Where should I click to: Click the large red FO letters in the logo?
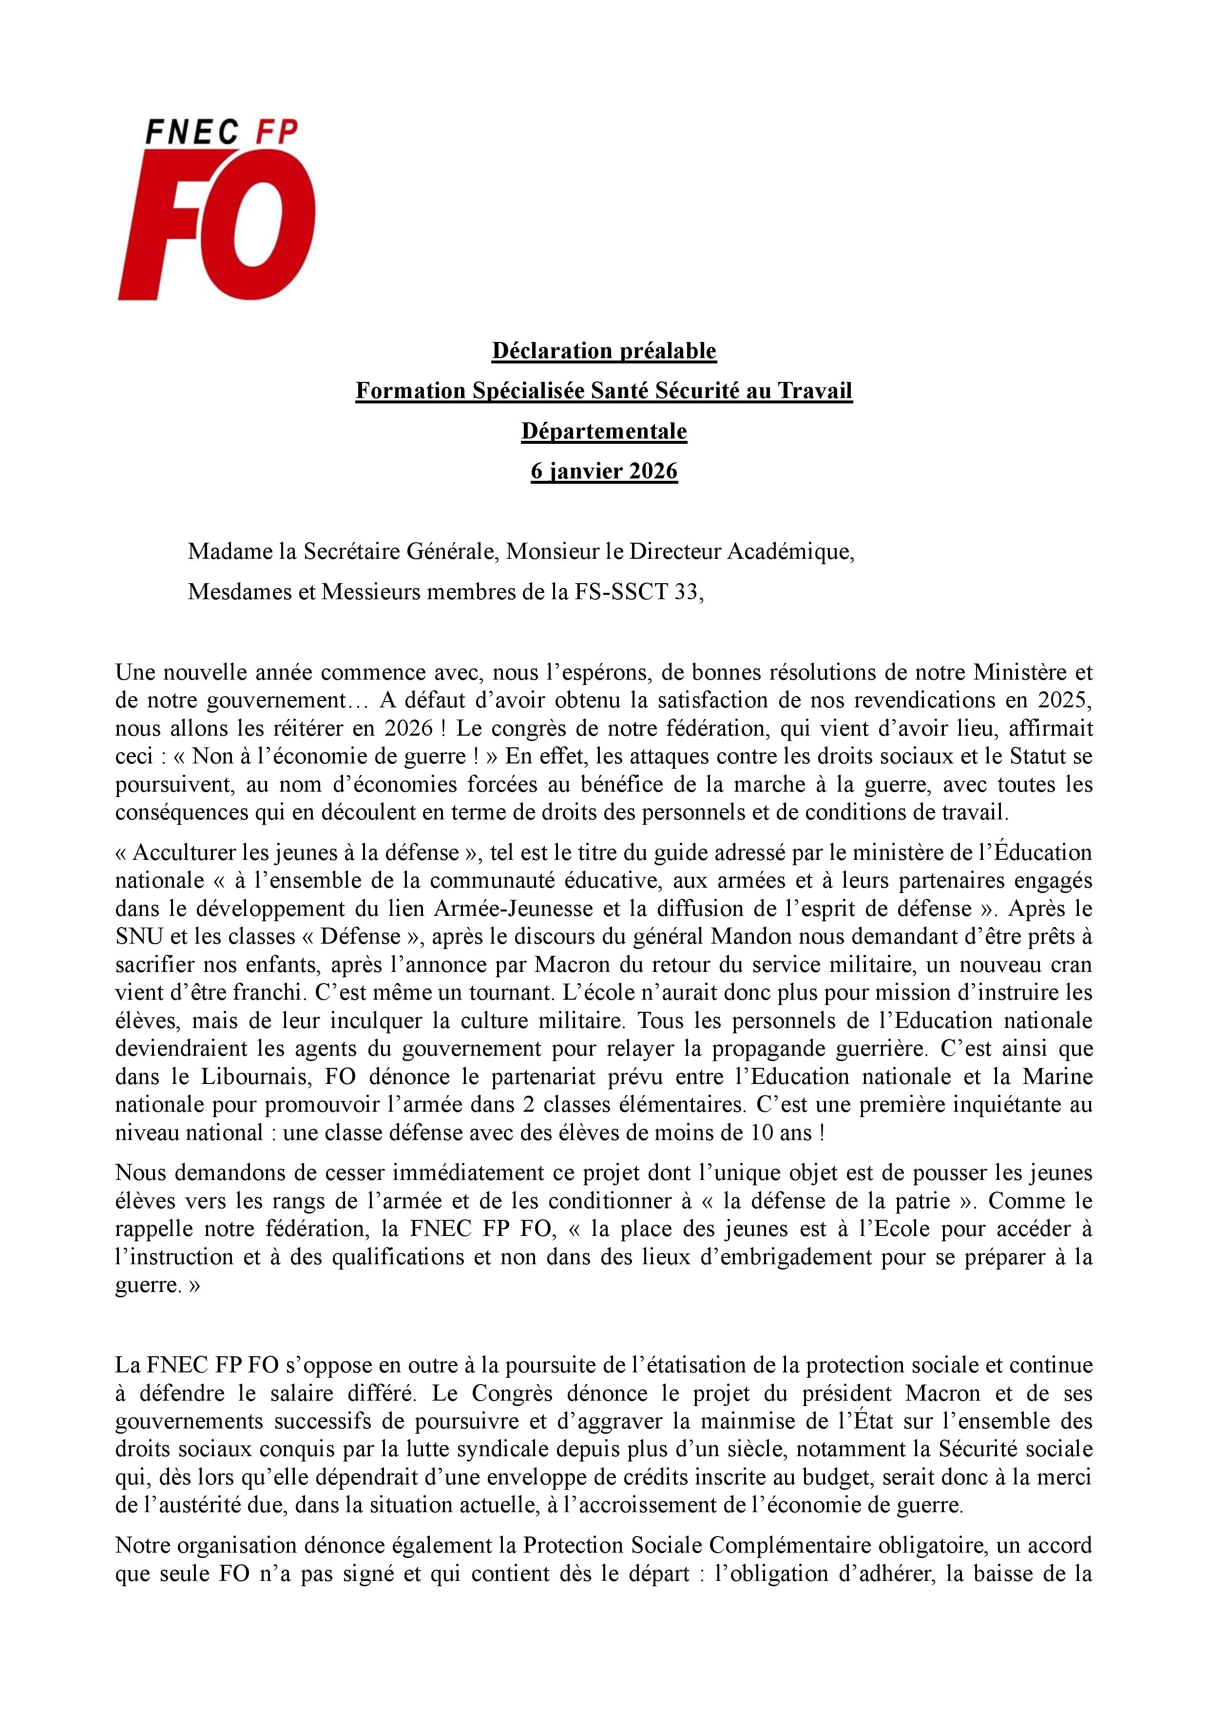pos(216,223)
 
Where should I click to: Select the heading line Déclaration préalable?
pos(604,351)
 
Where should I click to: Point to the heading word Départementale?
pos(604,432)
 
